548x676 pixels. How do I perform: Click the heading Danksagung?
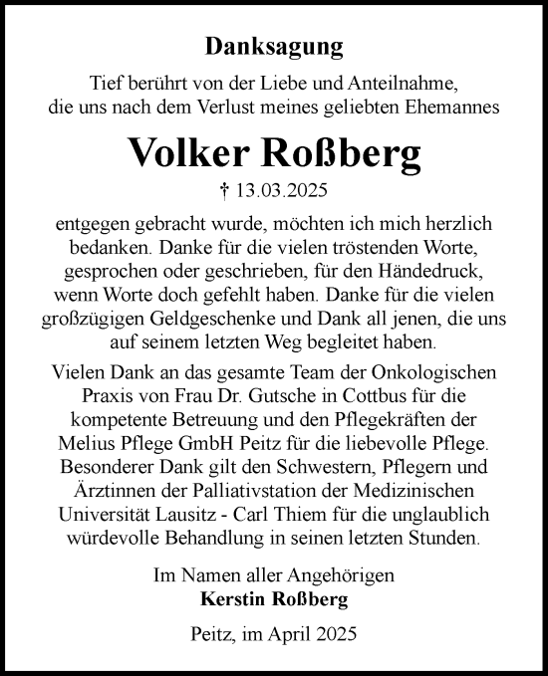[x=274, y=45]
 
